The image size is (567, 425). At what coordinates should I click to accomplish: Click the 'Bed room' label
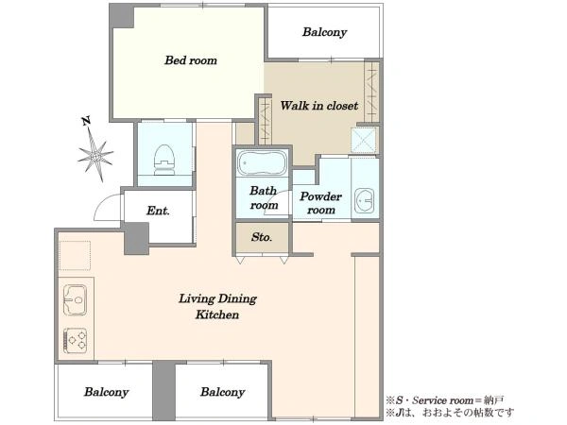coord(191,60)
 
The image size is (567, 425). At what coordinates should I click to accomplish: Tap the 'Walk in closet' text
coord(319,106)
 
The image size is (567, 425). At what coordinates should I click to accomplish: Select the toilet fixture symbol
coord(164,160)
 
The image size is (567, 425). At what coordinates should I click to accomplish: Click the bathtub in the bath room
coord(262,163)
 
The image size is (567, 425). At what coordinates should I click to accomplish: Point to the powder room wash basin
coord(364,200)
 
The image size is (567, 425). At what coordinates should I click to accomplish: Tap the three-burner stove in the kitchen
coord(76,340)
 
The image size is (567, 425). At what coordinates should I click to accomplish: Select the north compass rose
coord(95,156)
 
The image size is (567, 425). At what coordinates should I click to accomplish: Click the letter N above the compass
coord(86,121)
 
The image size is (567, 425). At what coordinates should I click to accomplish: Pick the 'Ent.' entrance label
coord(158,211)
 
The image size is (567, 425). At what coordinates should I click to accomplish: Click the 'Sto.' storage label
coord(262,237)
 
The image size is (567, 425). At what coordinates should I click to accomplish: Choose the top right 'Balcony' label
coord(324,32)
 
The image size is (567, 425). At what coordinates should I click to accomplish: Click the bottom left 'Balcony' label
coord(106,392)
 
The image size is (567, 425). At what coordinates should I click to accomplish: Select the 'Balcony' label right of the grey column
coord(223,392)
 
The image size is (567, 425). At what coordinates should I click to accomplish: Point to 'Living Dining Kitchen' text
coord(217,306)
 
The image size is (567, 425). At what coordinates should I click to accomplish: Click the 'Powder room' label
coord(320,203)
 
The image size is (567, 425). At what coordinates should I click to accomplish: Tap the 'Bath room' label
coord(264,197)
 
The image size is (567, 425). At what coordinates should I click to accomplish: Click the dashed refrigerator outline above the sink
coord(75,255)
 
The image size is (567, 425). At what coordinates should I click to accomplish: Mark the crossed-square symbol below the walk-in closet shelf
coord(364,140)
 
